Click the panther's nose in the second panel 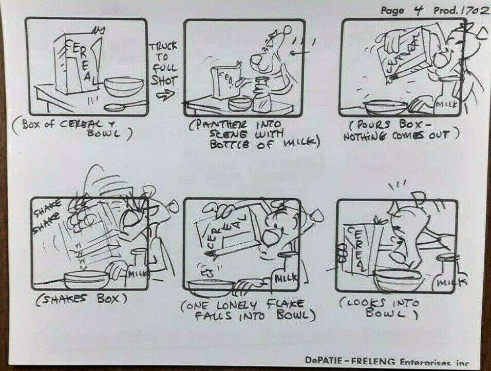[x=254, y=62]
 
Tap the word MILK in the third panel [x=443, y=106]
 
